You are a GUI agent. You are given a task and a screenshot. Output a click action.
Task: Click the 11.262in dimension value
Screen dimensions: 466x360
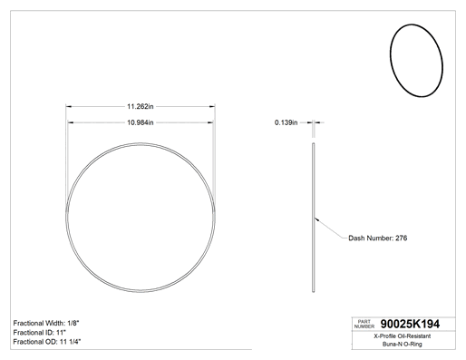(x=141, y=106)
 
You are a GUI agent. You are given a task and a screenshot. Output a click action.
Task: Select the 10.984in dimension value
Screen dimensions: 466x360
(x=141, y=122)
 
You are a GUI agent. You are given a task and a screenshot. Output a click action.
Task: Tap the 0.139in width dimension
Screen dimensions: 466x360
(x=286, y=122)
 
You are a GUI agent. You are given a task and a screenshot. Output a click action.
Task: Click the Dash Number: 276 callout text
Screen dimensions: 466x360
(x=378, y=238)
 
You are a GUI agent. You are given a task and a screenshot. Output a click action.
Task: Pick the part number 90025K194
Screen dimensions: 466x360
(x=410, y=324)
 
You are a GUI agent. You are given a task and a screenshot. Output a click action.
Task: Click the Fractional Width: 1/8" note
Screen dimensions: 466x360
(x=46, y=323)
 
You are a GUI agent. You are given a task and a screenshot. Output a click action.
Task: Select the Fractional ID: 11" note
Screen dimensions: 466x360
(x=40, y=333)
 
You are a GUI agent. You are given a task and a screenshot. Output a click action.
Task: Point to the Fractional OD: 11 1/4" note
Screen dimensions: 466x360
(x=47, y=342)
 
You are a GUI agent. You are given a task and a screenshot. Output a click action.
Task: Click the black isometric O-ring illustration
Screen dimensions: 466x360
(x=391, y=61)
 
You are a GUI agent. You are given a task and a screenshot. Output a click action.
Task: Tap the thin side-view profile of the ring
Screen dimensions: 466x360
(x=314, y=218)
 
